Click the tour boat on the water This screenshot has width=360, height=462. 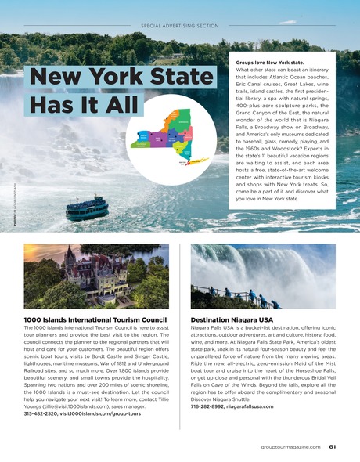pyautogui.click(x=87, y=207)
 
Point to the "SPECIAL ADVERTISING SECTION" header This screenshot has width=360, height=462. pyautogui.click(x=179, y=26)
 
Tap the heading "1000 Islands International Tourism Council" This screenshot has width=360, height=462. pyautogui.click(x=95, y=319)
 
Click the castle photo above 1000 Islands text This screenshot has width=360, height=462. pyautogui.click(x=95, y=276)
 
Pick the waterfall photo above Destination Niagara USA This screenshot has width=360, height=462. pyautogui.click(x=263, y=276)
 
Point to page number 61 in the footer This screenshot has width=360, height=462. pyautogui.click(x=332, y=447)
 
